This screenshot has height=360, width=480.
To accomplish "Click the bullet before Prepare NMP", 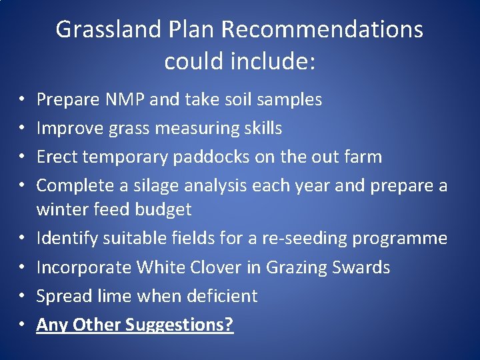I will coord(22,101).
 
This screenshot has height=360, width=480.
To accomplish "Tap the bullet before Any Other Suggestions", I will coord(22,325).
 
